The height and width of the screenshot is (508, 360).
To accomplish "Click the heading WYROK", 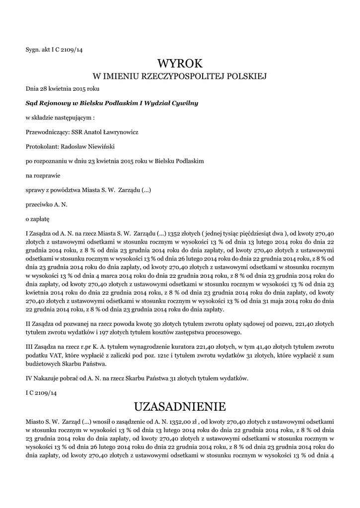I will coord(180,63).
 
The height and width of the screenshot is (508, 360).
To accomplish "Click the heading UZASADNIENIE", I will coord(180,407).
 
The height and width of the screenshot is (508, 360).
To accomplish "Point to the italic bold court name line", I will coord(112,103).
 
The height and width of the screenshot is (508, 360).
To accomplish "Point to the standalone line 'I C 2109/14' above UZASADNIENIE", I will coord(42,393).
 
